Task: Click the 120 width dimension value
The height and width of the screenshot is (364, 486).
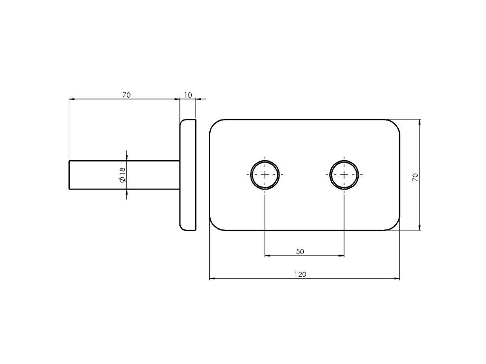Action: click(x=300, y=274)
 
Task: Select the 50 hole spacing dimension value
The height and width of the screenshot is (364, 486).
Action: click(x=300, y=252)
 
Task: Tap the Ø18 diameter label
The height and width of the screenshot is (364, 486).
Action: click(x=122, y=175)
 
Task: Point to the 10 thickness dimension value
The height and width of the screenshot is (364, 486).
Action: click(x=188, y=95)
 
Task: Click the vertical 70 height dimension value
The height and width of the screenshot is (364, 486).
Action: click(x=415, y=177)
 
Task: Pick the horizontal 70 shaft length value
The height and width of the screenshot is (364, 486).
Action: click(x=126, y=95)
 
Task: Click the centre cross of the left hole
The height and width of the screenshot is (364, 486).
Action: click(x=265, y=175)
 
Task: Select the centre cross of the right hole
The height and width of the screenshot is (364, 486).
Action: click(x=344, y=175)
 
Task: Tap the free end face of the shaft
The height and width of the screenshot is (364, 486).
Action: click(x=69, y=175)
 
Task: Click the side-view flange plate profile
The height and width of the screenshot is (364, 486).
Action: click(x=188, y=175)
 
